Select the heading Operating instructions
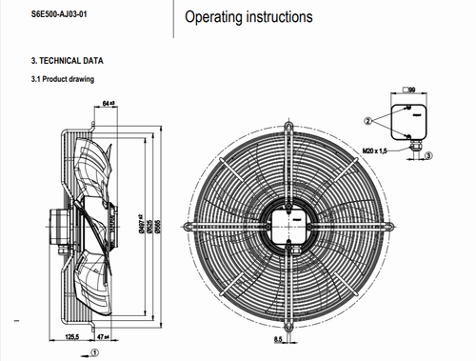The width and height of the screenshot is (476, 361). tap(248, 17)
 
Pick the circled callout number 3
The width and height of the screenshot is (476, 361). tap(428, 154)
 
